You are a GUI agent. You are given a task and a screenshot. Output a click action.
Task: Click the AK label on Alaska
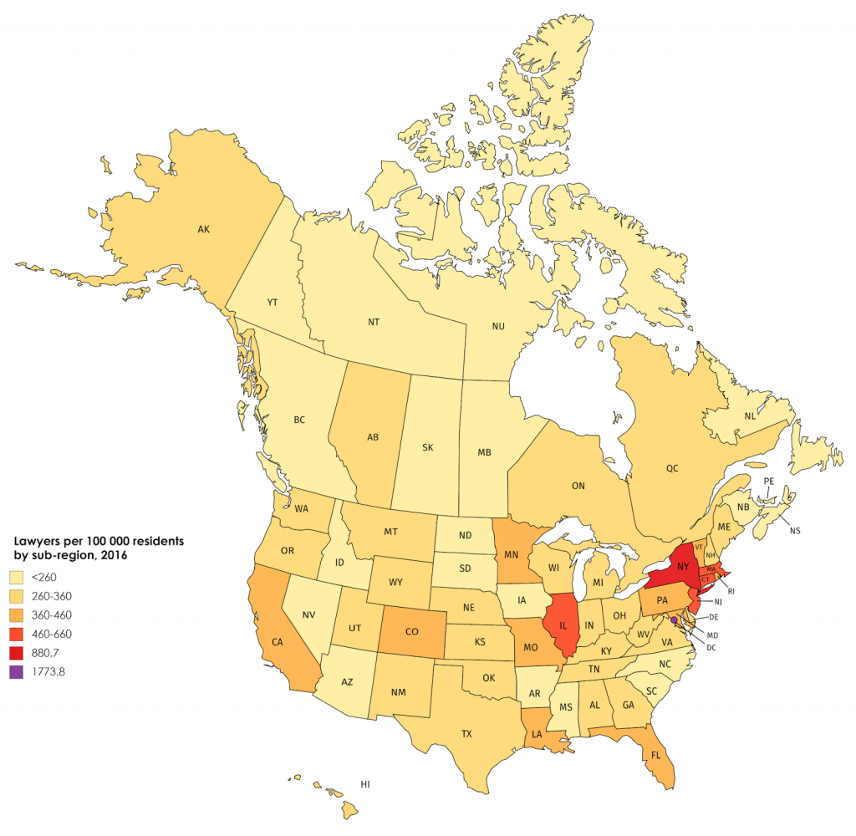point(202,228)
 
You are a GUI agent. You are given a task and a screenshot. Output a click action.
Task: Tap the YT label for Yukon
point(273,303)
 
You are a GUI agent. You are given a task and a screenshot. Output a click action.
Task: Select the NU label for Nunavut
point(499,327)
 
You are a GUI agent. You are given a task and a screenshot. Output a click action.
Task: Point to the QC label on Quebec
point(672,469)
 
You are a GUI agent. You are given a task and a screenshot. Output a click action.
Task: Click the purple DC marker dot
point(674,620)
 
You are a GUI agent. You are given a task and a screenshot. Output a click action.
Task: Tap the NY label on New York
point(683,566)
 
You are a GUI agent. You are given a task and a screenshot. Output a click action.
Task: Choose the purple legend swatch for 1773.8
point(16,671)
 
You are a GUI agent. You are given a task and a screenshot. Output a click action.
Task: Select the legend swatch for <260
point(16,577)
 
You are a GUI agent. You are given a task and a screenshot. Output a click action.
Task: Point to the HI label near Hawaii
point(364,784)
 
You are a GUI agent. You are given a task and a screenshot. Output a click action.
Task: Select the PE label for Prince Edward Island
point(769,481)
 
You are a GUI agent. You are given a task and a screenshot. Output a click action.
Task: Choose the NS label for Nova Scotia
point(795,530)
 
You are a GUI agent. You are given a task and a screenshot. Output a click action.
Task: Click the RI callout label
point(731,591)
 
